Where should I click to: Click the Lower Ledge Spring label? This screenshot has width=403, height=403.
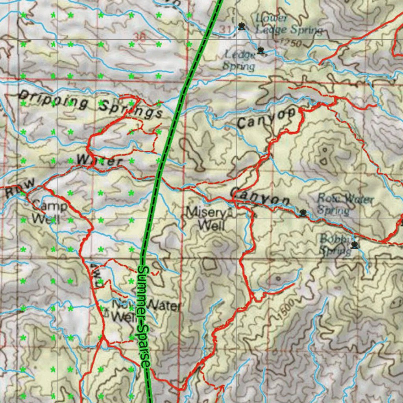tap(288, 24)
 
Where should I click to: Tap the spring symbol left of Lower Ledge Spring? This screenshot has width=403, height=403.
tap(241, 27)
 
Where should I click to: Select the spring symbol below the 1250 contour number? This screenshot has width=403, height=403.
tap(261, 50)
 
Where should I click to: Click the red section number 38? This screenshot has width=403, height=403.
tap(139, 37)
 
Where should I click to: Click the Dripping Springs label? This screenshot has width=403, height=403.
tap(91, 104)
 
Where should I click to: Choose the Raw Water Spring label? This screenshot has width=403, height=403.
tap(345, 203)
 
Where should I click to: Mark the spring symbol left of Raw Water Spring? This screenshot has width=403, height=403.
tap(303, 213)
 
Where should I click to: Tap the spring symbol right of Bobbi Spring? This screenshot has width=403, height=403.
tap(355, 246)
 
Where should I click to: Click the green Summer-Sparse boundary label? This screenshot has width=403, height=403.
tap(144, 317)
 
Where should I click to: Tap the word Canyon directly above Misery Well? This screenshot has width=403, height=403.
tap(260, 197)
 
